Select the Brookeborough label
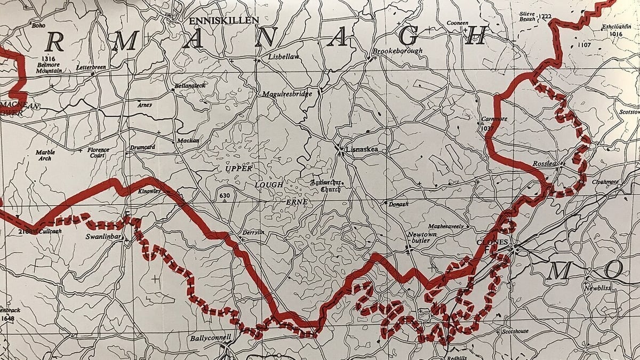[x=397, y=51]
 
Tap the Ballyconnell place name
[x=211, y=338]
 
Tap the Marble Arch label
[x=45, y=155]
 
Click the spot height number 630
[x=225, y=195]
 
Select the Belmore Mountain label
[x=50, y=67]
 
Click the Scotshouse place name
[x=515, y=331]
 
